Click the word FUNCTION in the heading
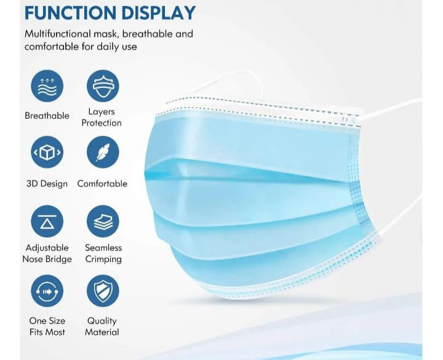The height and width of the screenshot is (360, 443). (x=70, y=13)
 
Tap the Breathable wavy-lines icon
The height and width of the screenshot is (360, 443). (x=47, y=86)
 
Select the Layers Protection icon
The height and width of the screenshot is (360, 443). (x=103, y=86)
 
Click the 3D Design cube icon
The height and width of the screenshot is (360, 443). (x=47, y=153)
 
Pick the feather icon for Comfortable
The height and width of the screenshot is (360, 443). (x=103, y=153)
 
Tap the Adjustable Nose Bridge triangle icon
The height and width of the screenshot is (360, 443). (x=47, y=222)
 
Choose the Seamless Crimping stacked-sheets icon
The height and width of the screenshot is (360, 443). (x=103, y=222)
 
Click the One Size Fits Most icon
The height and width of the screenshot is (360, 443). (x=47, y=291)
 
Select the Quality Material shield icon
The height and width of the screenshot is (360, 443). (x=103, y=291)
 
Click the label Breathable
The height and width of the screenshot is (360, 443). (x=47, y=116)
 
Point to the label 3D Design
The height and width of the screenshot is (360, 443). (x=47, y=184)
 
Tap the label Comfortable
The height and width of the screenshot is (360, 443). (x=102, y=184)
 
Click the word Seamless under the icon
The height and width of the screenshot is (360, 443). (x=103, y=248)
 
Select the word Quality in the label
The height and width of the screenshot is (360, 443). (x=102, y=321)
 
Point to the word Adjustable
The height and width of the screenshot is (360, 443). (x=47, y=248)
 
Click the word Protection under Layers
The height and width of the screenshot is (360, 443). (x=102, y=123)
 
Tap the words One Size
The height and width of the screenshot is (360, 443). (x=47, y=321)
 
